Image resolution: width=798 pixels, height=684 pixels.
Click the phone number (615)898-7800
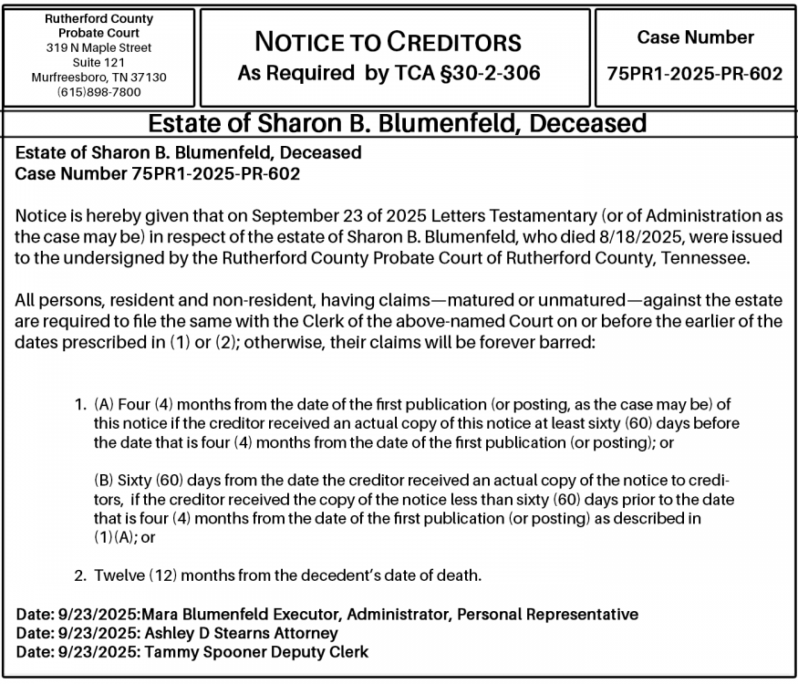99,92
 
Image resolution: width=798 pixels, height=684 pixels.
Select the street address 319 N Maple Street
99,47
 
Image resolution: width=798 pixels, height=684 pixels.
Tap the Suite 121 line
99,62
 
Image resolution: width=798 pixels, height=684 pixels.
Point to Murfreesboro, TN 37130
99,78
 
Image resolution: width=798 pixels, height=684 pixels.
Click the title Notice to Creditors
389,42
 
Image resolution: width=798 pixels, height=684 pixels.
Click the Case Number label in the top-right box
695,38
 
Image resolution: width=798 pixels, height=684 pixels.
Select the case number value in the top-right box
695,74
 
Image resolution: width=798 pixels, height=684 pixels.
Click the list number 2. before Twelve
80,575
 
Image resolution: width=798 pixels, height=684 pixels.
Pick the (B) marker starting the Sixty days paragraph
104,481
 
